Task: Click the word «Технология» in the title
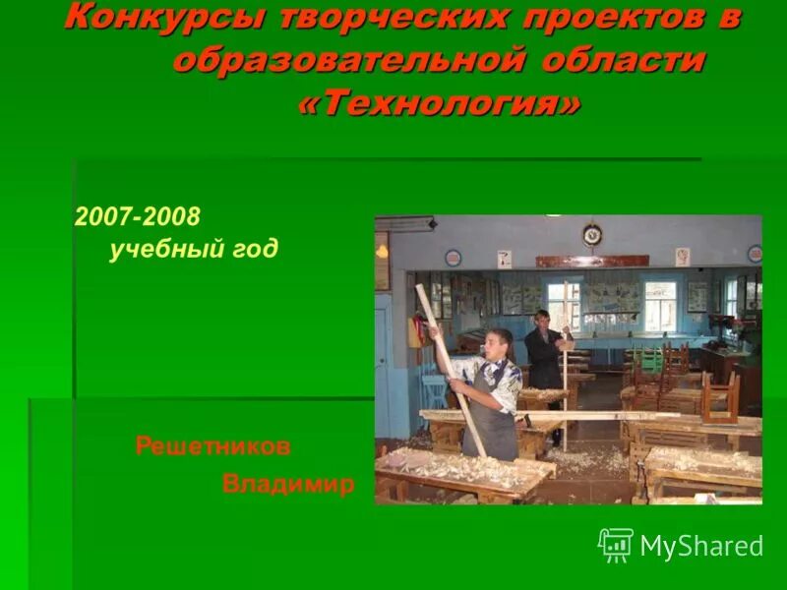click(440, 103)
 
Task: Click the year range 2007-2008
click(137, 215)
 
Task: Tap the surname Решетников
click(212, 446)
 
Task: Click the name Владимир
click(288, 484)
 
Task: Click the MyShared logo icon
click(616, 545)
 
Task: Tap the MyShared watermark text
click(701, 547)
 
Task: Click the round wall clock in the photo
click(591, 234)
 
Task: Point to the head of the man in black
click(540, 321)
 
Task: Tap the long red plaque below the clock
click(592, 262)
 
